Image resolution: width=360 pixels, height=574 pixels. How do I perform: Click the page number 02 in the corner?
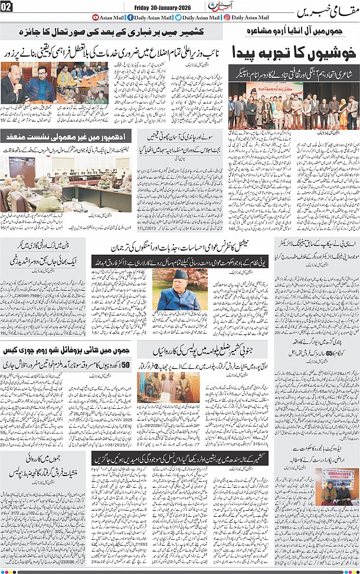(x=7, y=6)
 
